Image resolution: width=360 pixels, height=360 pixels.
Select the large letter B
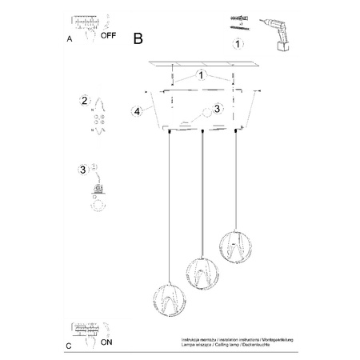point(139,37)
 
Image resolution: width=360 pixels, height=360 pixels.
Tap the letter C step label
point(68,346)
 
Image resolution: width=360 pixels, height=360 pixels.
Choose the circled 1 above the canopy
point(202,77)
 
